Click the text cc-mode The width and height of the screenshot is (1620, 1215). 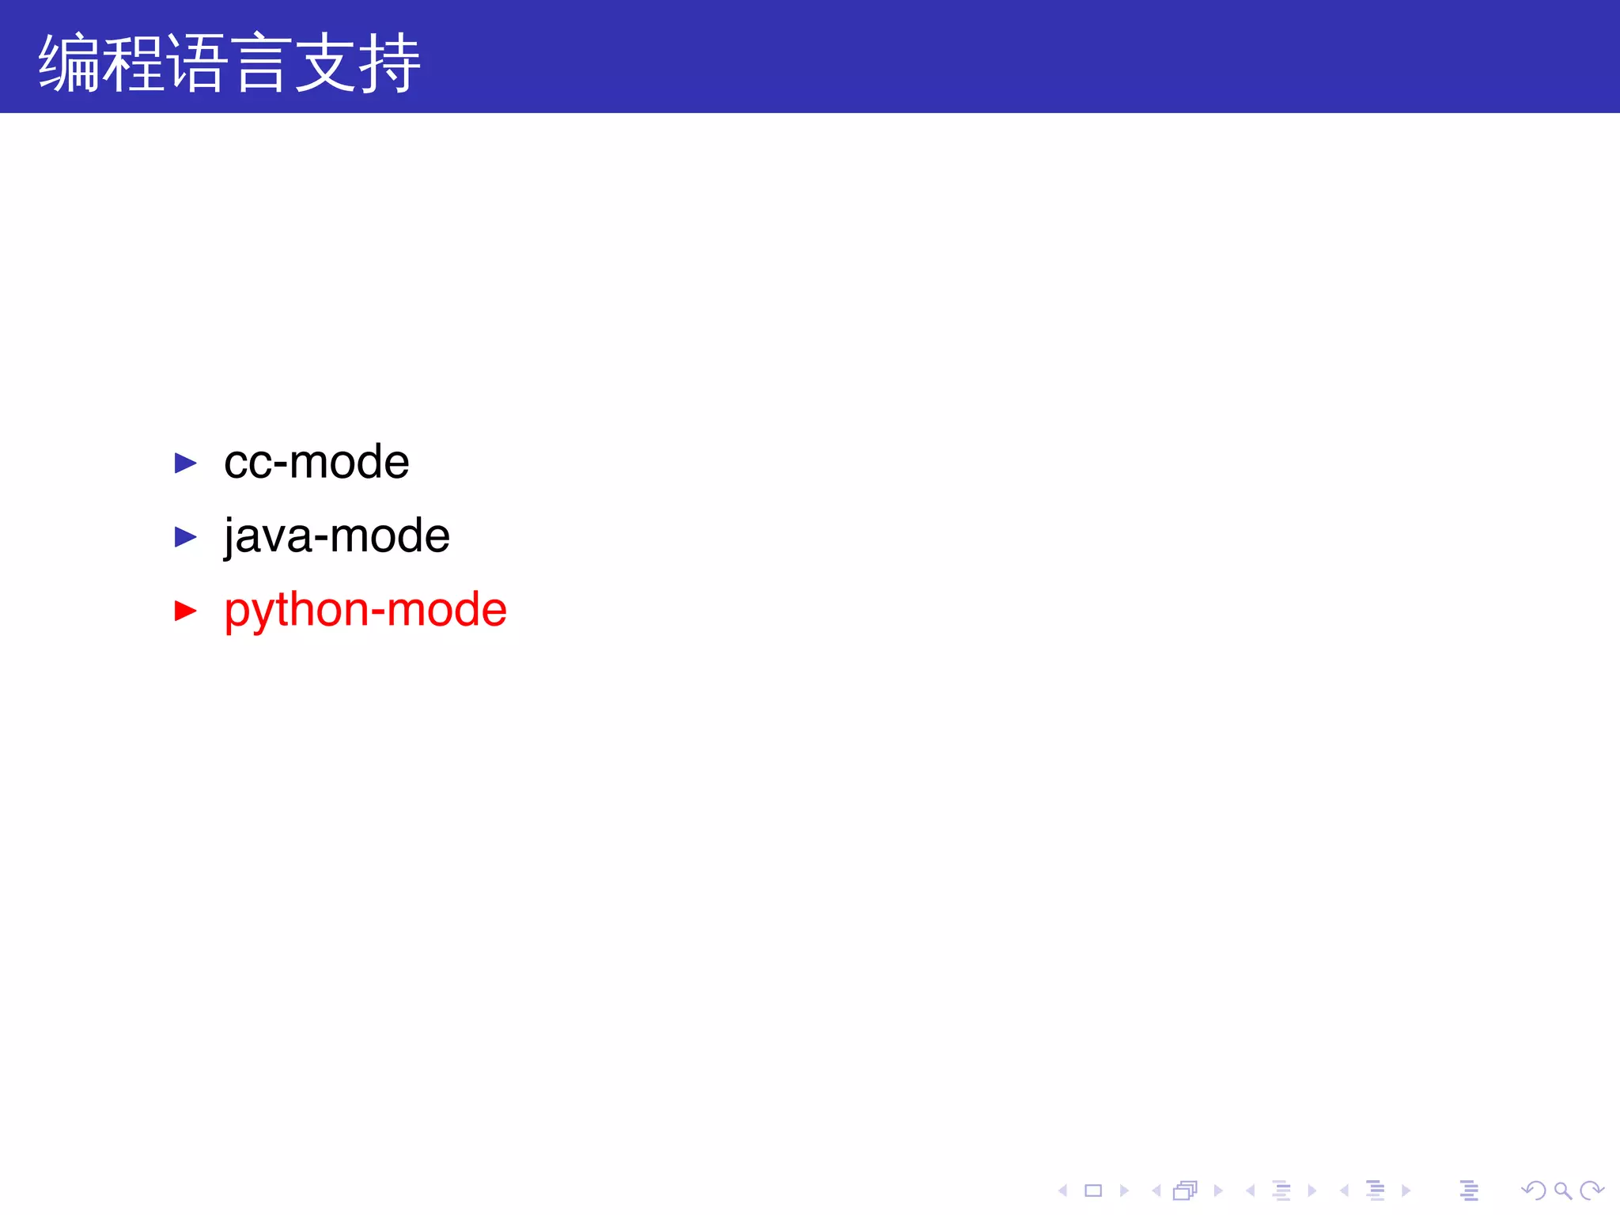[316, 462]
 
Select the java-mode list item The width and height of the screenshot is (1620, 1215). [337, 536]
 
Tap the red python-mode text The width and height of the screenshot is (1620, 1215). [365, 610]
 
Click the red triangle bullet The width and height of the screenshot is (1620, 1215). [185, 611]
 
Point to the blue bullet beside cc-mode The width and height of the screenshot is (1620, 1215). [185, 463]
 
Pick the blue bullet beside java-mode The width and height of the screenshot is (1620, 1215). [185, 537]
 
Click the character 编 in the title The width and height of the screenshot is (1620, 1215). [70, 63]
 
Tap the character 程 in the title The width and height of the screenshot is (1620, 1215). [134, 63]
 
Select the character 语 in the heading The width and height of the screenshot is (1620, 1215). [197, 63]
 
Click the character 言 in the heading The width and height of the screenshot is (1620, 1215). [261, 63]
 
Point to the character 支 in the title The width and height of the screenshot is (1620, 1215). [325, 63]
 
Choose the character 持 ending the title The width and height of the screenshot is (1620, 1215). [389, 63]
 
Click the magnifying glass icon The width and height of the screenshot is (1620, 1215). [1562, 1190]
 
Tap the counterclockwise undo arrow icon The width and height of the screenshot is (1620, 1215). [1534, 1190]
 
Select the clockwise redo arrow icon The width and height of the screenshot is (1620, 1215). [1591, 1190]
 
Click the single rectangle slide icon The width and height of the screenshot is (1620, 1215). [1093, 1190]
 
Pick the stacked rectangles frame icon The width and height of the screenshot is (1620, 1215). [1185, 1190]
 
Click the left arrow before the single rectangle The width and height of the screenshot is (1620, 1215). [1063, 1190]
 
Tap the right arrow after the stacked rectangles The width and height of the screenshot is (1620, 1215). [1218, 1190]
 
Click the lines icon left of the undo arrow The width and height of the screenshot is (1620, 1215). [1469, 1190]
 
